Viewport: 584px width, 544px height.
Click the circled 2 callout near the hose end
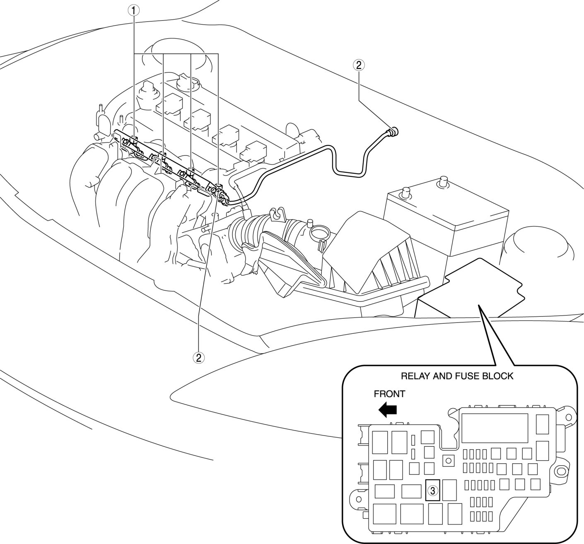coord(358,65)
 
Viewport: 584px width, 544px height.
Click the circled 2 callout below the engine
coord(199,357)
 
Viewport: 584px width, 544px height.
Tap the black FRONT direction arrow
coord(388,410)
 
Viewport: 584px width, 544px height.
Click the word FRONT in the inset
coord(389,394)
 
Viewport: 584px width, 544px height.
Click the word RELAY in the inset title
coord(415,376)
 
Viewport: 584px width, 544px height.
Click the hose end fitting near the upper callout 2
coord(393,132)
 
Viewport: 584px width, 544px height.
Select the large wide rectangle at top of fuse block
coord(495,428)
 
